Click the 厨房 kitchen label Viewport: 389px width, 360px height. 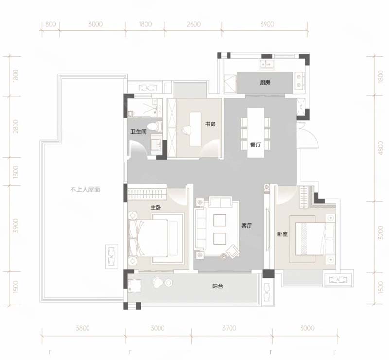(265, 82)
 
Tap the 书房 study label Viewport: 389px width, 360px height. (210, 124)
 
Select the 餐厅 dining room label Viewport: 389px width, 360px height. (256, 144)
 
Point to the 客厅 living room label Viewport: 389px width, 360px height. (247, 225)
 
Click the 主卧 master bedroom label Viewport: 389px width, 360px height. (156, 208)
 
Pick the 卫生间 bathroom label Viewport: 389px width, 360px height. (139, 132)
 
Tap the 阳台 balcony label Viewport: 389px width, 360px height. (217, 286)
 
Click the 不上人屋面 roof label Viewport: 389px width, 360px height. (85, 190)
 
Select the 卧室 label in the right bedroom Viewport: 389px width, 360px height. (283, 234)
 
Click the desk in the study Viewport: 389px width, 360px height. (195, 129)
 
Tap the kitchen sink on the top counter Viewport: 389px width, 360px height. (266, 63)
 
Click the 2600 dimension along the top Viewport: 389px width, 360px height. (194, 24)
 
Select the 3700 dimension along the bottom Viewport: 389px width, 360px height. (229, 328)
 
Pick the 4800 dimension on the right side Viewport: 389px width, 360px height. (381, 148)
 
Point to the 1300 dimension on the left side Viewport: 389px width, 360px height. (15, 172)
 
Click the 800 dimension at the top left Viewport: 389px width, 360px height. (51, 24)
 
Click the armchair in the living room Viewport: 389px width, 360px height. (233, 251)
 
